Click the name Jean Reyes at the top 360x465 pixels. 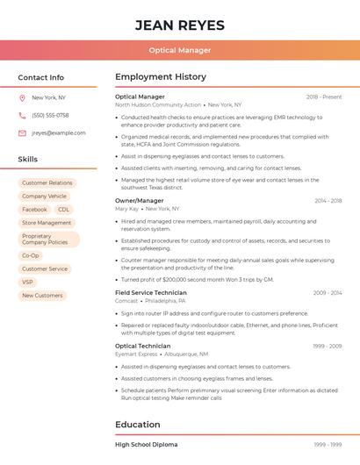tap(180, 25)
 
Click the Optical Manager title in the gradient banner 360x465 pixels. tap(180, 51)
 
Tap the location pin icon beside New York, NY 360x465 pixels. tap(22, 97)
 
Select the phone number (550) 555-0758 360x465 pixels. tap(50, 115)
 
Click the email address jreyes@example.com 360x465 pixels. tap(59, 132)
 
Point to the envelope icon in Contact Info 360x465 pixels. tap(22, 132)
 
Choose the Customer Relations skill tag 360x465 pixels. tap(47, 183)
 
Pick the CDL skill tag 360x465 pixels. tap(63, 210)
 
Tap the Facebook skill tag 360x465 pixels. tap(34, 210)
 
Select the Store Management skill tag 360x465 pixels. tap(47, 223)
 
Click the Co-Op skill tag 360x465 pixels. tap(31, 255)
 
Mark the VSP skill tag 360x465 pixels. tap(28, 283)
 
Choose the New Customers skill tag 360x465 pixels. tap(42, 296)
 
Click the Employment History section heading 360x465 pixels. tap(161, 77)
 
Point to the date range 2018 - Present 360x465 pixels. tap(324, 97)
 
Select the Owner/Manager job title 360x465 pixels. tap(140, 201)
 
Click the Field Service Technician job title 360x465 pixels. tap(151, 292)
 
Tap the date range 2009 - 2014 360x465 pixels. tap(327, 292)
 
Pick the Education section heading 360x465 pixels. tap(138, 425)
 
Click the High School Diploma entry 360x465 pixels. tap(146, 445)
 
